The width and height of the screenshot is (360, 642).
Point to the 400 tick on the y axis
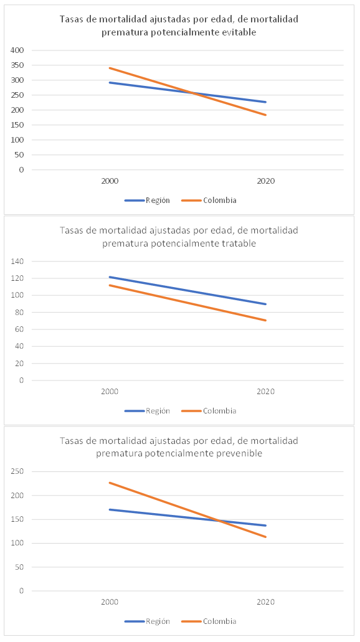point(17,50)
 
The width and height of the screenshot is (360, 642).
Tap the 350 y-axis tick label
point(17,65)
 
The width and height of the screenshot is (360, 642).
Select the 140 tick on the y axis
point(17,262)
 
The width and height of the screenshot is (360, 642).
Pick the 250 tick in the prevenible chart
point(17,472)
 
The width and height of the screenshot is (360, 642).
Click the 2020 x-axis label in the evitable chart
point(265,181)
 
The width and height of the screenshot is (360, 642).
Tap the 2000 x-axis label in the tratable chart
point(110,392)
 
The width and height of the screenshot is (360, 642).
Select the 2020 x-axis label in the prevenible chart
point(265,602)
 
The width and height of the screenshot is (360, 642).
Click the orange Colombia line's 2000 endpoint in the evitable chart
point(110,68)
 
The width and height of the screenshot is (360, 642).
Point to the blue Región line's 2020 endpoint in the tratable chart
point(266,304)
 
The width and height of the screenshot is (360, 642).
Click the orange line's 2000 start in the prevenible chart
point(110,483)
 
